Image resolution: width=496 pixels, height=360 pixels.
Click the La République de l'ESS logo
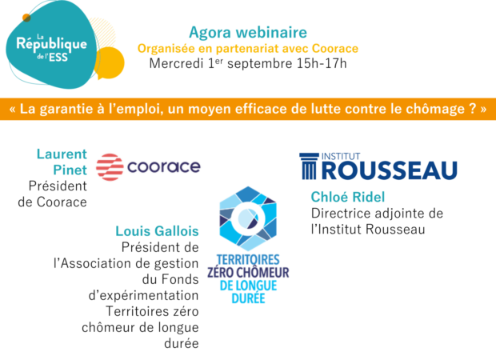tap(52, 46)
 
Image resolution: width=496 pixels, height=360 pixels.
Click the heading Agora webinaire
tap(248, 32)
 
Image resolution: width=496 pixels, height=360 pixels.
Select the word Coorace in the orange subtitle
tap(335, 49)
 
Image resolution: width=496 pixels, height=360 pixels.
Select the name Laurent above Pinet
tap(62, 154)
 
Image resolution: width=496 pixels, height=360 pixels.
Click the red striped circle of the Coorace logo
tap(110, 167)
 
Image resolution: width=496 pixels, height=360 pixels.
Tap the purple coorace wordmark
tap(164, 166)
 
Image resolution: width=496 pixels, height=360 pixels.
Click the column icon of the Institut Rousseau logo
tap(309, 166)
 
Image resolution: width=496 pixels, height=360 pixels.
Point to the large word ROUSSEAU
tap(390, 170)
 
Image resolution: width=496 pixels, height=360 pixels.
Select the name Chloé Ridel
tap(348, 197)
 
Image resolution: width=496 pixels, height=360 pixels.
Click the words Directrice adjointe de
tap(377, 214)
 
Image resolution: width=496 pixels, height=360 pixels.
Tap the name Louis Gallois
tap(157, 231)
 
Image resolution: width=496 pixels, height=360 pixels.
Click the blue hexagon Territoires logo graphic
tap(248, 218)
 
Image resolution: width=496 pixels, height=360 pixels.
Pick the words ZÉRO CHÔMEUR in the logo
tap(248, 272)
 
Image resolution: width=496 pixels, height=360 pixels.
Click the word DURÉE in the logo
tap(248, 298)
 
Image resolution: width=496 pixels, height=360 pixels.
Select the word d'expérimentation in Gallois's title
tap(144, 296)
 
